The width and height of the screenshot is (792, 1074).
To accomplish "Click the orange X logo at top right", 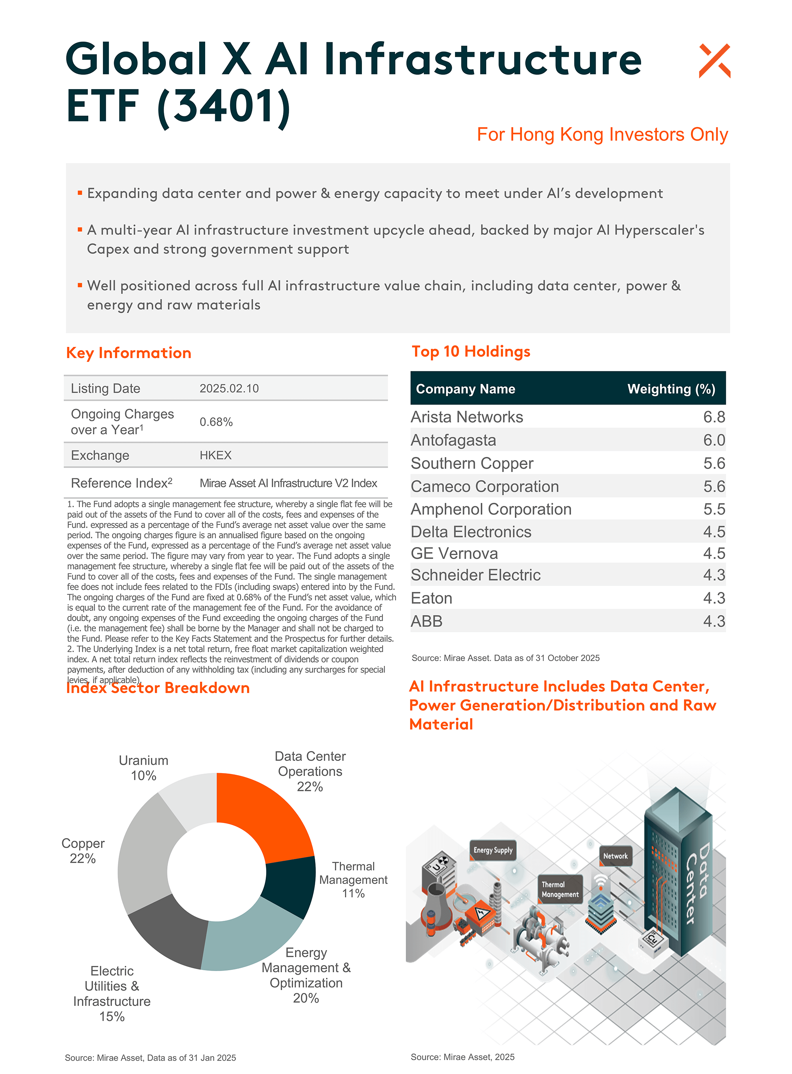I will pos(714,61).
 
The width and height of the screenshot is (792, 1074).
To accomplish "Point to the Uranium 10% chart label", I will pos(143,768).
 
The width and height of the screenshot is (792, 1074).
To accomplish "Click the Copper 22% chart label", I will pos(83,851).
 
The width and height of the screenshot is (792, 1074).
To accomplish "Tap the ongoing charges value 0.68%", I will pos(216,422).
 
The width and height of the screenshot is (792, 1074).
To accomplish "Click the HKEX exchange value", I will pos(215,455).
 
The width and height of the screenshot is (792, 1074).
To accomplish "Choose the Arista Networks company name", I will pos(466,417).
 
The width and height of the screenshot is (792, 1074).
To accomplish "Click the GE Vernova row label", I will pos(454,553).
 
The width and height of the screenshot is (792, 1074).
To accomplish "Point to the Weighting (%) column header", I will pos(671,389).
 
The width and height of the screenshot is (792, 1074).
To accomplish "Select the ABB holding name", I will pos(426,621).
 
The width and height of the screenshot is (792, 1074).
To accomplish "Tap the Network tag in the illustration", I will pos(615,856).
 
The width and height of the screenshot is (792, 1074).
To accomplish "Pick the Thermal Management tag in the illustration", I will pos(560,890).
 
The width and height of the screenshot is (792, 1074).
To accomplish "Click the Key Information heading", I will pos(128,353).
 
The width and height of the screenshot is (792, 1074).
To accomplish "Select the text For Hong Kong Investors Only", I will pos(602,135).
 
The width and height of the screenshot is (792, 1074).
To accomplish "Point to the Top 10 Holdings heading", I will pos(471,351).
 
